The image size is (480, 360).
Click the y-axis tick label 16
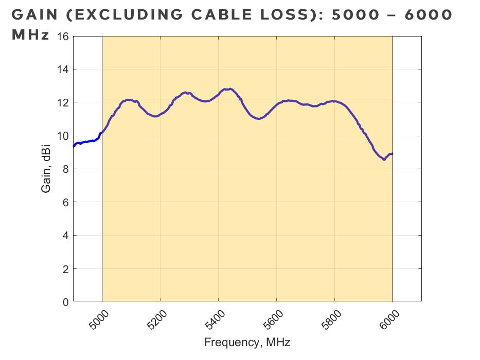click(x=62, y=37)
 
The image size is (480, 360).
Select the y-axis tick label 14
click(x=62, y=69)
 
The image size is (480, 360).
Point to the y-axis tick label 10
click(x=62, y=136)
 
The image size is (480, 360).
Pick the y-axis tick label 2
click(x=65, y=269)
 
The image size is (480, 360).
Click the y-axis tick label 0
click(x=65, y=302)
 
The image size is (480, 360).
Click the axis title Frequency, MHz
click(x=247, y=343)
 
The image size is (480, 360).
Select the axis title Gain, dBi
click(x=46, y=169)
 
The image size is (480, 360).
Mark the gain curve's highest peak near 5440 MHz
click(x=229, y=89)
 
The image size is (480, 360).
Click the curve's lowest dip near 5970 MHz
click(x=384, y=159)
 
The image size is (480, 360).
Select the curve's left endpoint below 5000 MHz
click(x=74, y=146)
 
